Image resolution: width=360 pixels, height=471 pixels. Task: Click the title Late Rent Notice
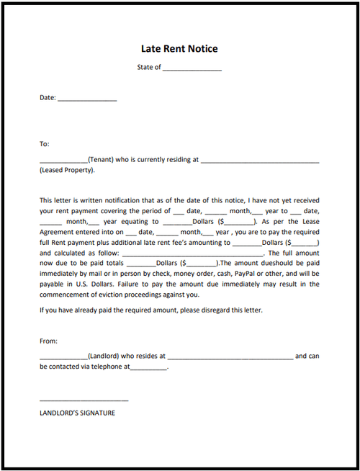tap(179, 49)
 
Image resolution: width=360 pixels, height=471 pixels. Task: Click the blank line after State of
tap(192, 69)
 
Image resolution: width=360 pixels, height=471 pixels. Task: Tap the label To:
tap(45, 144)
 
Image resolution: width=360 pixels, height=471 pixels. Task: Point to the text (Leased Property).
tap(67, 171)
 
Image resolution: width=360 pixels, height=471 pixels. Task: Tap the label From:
tap(48, 341)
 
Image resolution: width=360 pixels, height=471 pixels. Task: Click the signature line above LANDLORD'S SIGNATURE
tap(84, 400)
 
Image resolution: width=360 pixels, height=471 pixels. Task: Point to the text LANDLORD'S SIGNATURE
tap(77, 413)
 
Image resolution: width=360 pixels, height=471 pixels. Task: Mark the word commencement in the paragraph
tap(66, 295)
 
